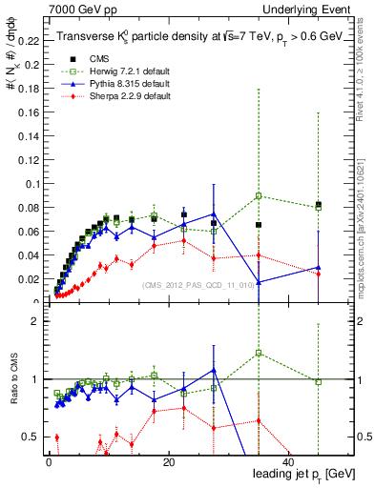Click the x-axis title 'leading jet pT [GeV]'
pos(304,474)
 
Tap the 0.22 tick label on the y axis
pos(28,42)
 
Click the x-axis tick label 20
pos(168,461)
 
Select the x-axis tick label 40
pos(289,461)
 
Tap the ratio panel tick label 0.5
pos(31,437)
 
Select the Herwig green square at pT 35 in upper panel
pos(259,196)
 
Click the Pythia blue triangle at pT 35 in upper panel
pos(259,282)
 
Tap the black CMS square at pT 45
pos(319,204)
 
